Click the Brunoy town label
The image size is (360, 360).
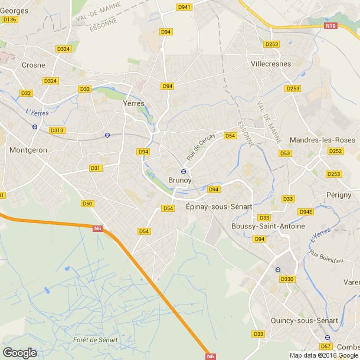click(x=180, y=181)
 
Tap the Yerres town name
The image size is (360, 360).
click(x=133, y=103)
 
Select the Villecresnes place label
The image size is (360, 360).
click(x=271, y=63)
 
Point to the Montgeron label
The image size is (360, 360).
click(x=28, y=150)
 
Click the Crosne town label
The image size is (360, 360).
click(x=33, y=66)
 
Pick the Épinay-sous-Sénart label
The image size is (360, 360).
click(x=219, y=207)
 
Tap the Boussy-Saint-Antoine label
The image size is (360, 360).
click(x=269, y=226)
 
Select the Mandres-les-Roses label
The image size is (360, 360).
click(x=323, y=140)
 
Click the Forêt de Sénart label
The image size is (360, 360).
click(x=96, y=340)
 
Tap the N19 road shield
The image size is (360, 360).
click(x=330, y=26)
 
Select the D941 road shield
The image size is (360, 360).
click(x=184, y=7)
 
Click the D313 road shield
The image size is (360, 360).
click(x=57, y=130)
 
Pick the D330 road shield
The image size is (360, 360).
click(x=287, y=279)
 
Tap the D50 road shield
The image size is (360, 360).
click(x=87, y=204)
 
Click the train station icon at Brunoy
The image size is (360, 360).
click(x=184, y=172)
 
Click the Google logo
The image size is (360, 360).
click(x=19, y=353)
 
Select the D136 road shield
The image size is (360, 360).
click(x=10, y=19)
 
